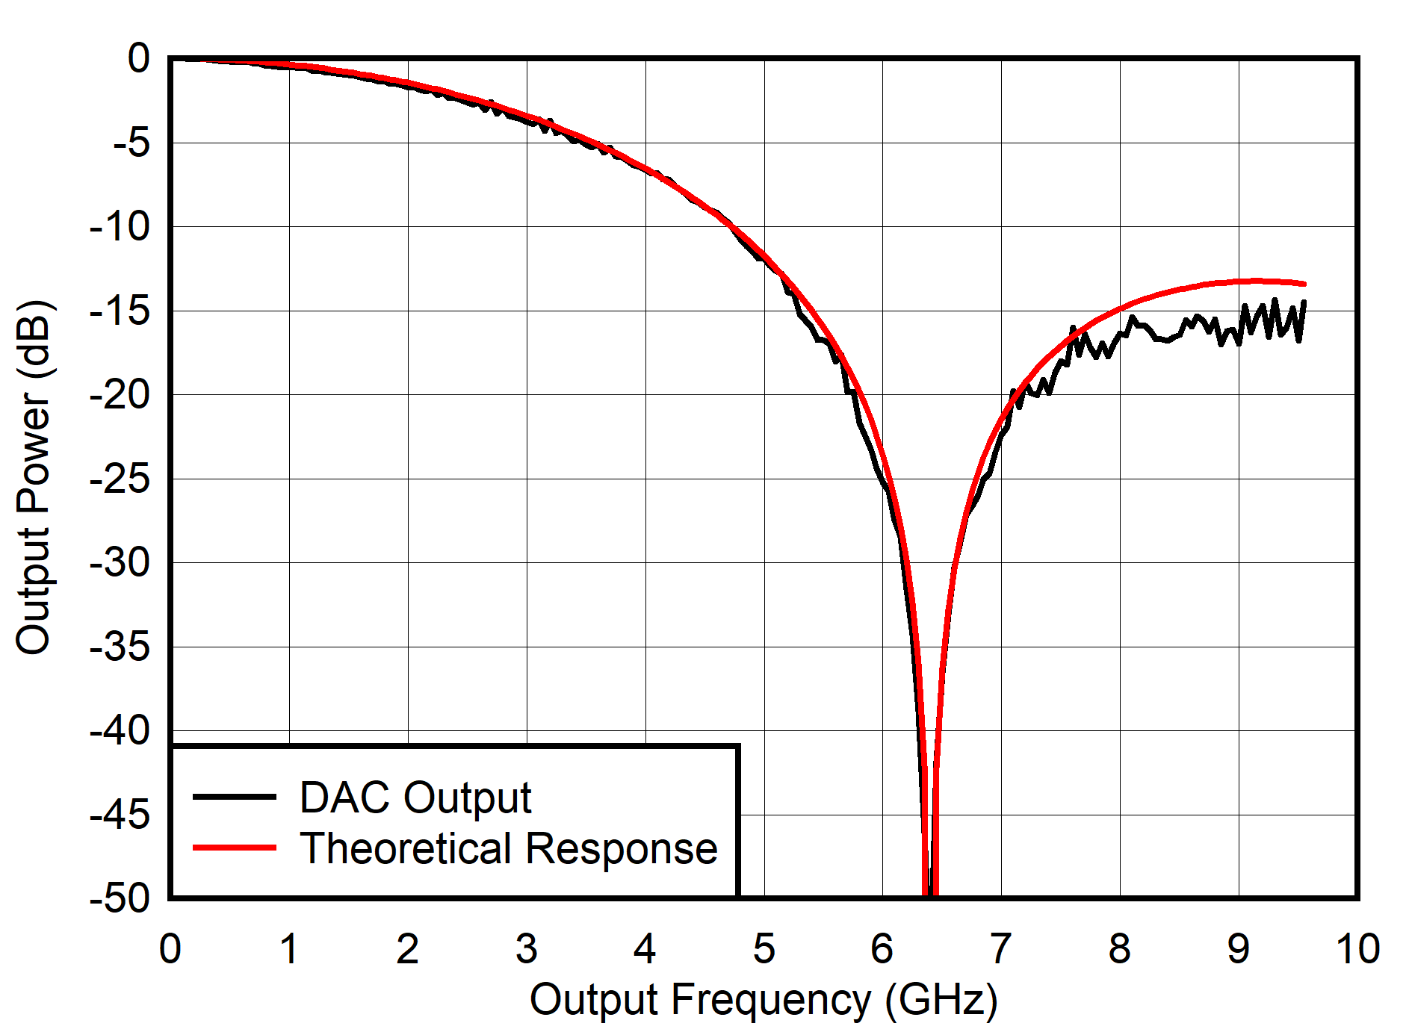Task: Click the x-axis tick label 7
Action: click(x=1000, y=949)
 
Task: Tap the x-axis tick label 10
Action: click(x=1357, y=949)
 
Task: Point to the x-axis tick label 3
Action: click(x=526, y=949)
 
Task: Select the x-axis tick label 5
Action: click(x=764, y=949)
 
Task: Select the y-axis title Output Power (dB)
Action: click(x=34, y=478)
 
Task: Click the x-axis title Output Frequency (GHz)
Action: click(x=764, y=1000)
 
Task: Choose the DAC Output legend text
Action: click(x=415, y=798)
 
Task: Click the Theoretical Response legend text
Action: click(x=508, y=848)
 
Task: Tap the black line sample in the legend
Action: click(x=235, y=797)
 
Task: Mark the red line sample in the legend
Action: click(x=235, y=848)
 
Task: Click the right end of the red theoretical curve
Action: click(x=1304, y=284)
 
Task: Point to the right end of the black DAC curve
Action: click(x=1304, y=302)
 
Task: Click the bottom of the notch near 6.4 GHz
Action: click(x=929, y=892)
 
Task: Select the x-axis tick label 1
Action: click(x=289, y=949)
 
